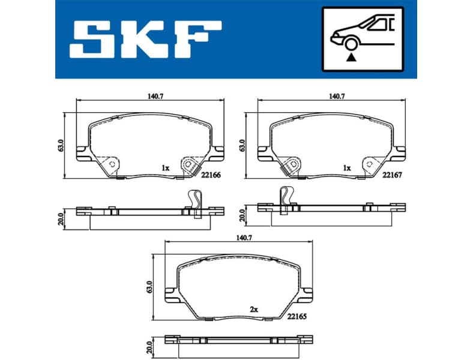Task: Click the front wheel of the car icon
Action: point(351,43)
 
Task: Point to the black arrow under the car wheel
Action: point(351,58)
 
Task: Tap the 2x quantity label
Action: point(253,309)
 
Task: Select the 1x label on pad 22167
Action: point(346,169)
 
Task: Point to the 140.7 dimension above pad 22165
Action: point(238,238)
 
